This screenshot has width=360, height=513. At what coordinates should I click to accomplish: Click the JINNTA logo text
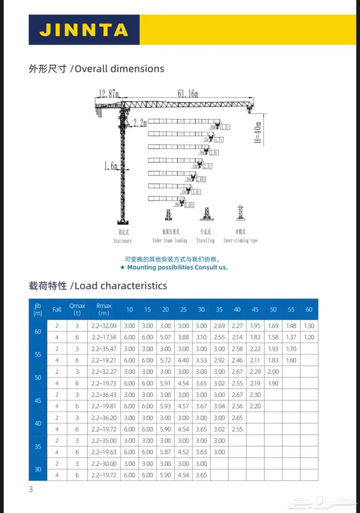coord(83,29)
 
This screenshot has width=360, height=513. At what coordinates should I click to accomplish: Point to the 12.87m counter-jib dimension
coord(109,93)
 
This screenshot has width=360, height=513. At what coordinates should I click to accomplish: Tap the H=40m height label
coord(258,132)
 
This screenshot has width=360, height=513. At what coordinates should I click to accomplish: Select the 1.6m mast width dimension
coord(111,166)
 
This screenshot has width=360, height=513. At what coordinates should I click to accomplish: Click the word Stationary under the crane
coord(122,241)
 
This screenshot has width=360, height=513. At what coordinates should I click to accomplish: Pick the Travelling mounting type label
coord(205,240)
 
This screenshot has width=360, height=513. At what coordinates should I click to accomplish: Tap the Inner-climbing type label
coord(240,240)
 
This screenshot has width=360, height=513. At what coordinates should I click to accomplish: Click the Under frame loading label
coord(170,240)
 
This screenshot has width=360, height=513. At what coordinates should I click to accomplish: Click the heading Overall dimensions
coord(119,68)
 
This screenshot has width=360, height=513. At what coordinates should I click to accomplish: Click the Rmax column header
coord(103,309)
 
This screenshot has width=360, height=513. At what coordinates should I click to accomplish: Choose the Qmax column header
coord(77,309)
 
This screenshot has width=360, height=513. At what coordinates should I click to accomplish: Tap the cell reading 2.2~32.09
coord(103,326)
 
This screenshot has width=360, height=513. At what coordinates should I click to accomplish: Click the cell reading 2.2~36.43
coord(103,395)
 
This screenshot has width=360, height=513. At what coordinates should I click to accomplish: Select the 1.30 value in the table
coord(309,326)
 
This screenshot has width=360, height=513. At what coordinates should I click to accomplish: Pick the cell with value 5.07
coord(165,337)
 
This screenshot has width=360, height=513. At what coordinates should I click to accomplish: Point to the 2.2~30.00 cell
coord(103,464)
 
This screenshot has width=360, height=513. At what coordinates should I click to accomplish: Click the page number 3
coord(31,489)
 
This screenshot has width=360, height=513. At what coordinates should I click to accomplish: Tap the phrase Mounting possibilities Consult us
coord(177,268)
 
